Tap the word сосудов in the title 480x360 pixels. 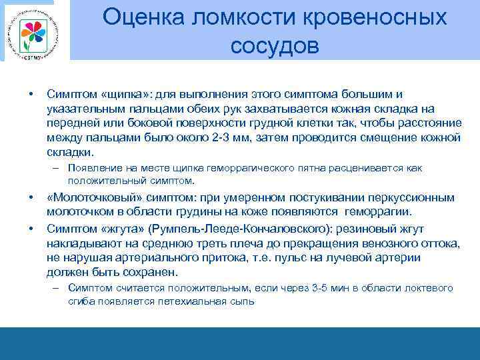(x=275, y=46)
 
